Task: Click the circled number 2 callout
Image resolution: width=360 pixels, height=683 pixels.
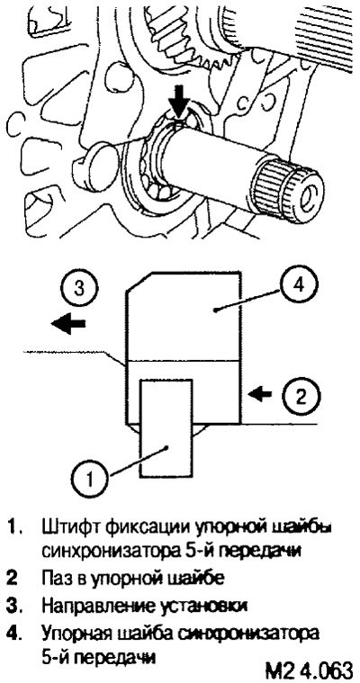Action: (301, 395)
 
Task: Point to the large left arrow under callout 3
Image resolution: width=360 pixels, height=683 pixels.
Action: (67, 325)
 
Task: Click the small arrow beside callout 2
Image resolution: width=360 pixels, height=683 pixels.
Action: (260, 394)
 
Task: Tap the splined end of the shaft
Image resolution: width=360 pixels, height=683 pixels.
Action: (288, 191)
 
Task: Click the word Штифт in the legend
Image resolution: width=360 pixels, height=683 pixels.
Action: (67, 527)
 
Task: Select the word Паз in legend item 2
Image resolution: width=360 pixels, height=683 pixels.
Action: (57, 579)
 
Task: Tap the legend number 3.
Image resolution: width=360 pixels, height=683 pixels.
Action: (13, 606)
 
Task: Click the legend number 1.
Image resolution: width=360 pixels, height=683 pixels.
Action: (13, 527)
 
